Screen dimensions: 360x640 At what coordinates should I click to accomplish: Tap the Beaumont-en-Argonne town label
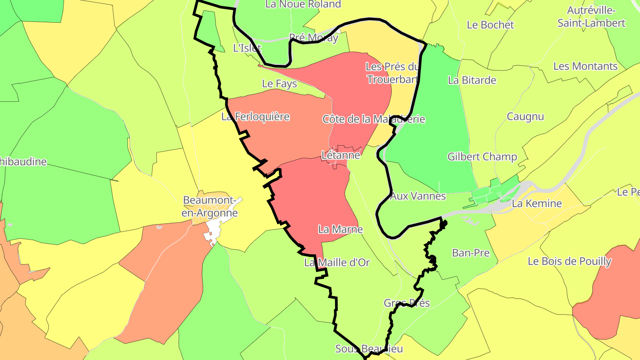211,207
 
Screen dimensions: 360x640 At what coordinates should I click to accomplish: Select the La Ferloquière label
256,117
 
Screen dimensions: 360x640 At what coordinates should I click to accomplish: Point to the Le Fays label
280,84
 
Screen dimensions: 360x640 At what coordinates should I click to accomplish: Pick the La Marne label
340,230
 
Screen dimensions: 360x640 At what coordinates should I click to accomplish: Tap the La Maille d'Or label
337,263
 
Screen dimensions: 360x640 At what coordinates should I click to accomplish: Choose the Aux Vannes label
418,196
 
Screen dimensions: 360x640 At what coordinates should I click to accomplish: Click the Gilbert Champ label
482,157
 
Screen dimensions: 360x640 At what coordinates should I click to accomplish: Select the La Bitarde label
472,80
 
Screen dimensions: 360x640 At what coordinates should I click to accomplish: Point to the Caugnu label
525,117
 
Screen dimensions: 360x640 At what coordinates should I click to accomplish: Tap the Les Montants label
585,67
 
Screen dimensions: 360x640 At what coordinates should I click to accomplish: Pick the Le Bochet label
490,25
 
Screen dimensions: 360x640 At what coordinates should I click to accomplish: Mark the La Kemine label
537,204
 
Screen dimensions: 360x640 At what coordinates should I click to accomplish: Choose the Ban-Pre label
471,253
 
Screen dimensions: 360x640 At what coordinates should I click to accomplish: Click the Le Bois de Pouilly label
569,261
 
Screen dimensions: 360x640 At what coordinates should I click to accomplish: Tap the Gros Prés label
407,303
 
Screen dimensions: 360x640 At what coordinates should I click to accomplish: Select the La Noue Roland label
303,4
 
